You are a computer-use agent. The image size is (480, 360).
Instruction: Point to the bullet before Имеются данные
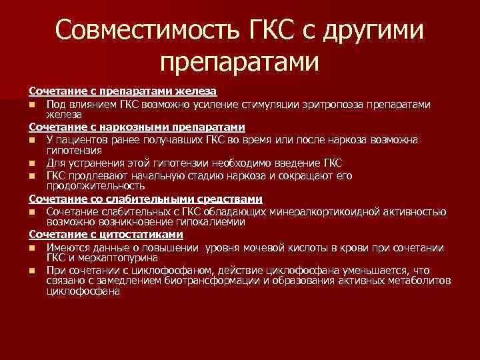(x=32, y=249)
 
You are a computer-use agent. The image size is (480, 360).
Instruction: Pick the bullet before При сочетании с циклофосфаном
(x=32, y=271)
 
